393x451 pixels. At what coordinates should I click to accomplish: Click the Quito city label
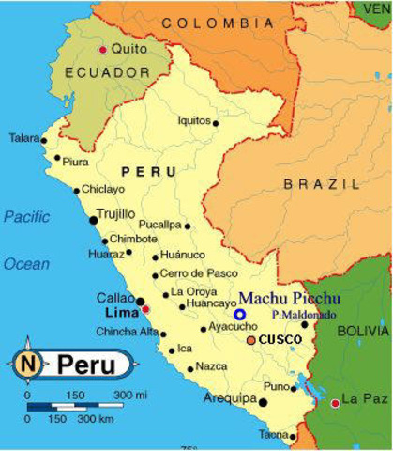[x=128, y=48]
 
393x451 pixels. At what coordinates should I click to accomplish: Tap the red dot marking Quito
[x=102, y=49]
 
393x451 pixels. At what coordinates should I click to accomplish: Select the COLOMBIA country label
[x=211, y=22]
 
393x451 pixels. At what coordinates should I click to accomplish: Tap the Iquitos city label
[x=194, y=120]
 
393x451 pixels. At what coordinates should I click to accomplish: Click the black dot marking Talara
[x=43, y=140]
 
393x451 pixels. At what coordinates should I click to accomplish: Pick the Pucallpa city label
[x=160, y=225]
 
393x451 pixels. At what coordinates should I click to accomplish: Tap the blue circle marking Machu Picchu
[x=240, y=315]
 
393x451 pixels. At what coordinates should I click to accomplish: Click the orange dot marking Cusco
[x=250, y=339]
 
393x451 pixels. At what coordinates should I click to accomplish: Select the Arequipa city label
[x=230, y=398]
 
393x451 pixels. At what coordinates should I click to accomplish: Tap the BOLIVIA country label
[x=361, y=331]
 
